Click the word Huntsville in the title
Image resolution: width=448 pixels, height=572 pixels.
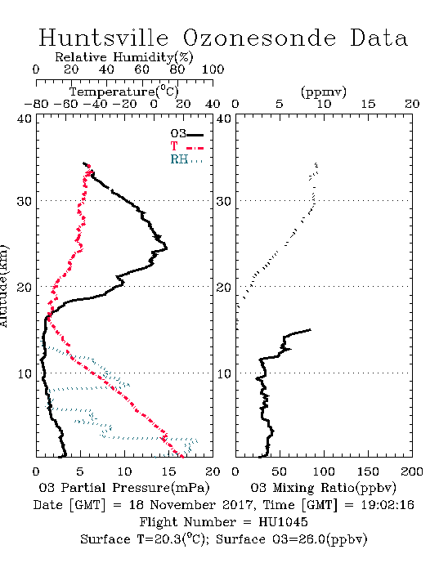pos(104,38)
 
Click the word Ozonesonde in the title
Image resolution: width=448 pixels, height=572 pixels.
pos(259,38)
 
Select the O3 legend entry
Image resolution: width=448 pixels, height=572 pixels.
pos(186,134)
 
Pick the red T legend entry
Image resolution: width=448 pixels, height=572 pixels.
pos(186,146)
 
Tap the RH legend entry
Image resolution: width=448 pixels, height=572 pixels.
pos(186,159)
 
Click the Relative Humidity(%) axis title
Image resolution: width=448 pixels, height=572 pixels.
pos(124,57)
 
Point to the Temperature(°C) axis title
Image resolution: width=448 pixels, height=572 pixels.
pos(124,92)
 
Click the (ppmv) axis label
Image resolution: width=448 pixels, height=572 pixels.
pos(324,92)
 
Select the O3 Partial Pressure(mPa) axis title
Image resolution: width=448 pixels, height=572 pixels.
pos(124,488)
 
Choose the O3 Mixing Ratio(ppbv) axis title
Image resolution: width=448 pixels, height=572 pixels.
pos(323,488)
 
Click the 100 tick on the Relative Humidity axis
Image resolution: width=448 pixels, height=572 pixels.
pos(213,69)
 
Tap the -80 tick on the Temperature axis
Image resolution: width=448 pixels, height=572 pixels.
pos(36,104)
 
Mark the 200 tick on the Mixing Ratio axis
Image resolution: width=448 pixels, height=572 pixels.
pos(412,471)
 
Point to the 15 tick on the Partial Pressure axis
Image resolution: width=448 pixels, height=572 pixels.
pos(168,471)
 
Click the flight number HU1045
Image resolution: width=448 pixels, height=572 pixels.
pos(283,522)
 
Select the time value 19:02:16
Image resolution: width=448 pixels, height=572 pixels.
pos(388,505)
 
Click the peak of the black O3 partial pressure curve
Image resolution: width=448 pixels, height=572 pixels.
pos(167,248)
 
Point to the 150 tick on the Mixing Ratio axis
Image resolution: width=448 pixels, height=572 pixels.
pos(368,471)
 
